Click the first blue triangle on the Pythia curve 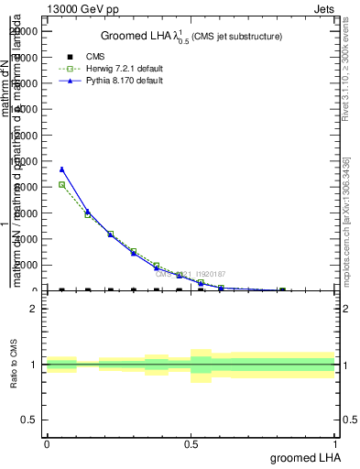tap(61, 169)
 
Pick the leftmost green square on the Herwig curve tap(61, 184)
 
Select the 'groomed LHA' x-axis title tap(302, 457)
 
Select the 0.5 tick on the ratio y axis tap(29, 420)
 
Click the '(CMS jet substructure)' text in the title tap(237, 37)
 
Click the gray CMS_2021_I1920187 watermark tap(190, 274)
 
